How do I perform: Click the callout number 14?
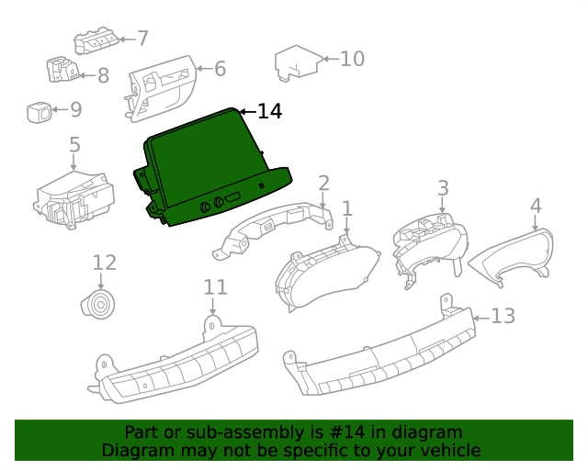pos(269,112)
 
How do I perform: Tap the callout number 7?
pos(142,39)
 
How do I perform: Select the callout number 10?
pos(352,60)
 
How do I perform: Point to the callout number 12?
pos(104,263)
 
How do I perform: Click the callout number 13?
pos(503,317)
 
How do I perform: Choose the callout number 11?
pos(214,287)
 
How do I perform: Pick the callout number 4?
pos(536,207)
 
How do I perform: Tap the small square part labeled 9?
pos(39,111)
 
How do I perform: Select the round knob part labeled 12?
pos(100,304)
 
